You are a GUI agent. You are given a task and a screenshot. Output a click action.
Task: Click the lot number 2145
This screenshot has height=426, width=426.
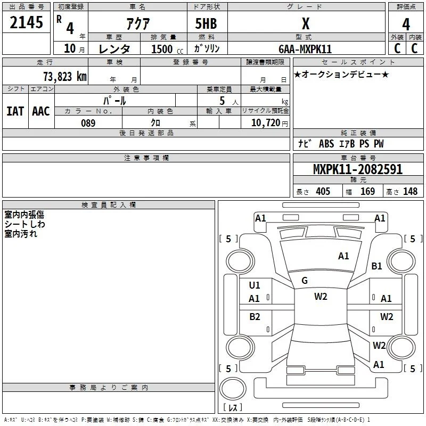[26, 22]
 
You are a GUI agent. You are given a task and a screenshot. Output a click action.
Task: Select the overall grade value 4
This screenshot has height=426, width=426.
[406, 24]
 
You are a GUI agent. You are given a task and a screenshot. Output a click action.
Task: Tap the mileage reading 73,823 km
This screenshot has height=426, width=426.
[65, 77]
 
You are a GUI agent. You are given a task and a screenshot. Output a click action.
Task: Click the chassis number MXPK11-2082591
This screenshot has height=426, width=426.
[358, 169]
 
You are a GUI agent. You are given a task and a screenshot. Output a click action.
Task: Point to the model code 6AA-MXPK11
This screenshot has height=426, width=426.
[305, 49]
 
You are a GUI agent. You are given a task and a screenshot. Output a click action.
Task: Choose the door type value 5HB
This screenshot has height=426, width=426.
[206, 23]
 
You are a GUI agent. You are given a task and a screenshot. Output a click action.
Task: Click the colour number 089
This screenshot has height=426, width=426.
[88, 123]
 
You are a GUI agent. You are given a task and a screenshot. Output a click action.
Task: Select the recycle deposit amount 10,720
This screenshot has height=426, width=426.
[265, 123]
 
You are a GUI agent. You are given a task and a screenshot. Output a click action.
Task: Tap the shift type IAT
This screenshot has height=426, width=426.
[15, 111]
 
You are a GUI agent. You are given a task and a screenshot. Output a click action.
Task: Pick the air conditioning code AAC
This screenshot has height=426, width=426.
[41, 111]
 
